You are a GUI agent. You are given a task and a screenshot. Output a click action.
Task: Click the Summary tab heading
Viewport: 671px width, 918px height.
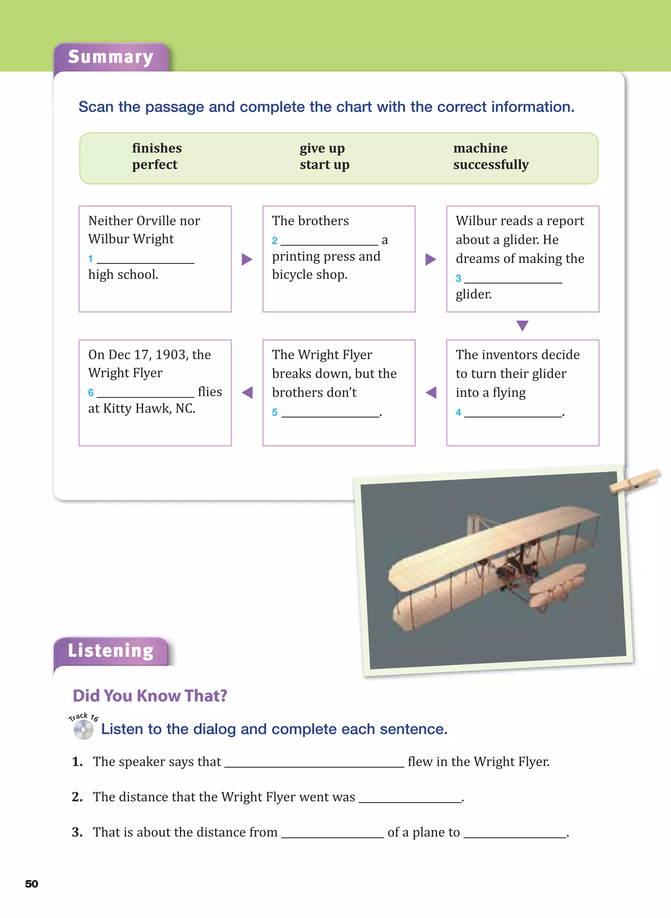click(x=110, y=57)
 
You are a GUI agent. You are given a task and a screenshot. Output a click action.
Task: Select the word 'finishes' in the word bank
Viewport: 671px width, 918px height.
click(x=157, y=148)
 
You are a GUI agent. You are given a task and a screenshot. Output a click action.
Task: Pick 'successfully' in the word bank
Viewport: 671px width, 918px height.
click(x=491, y=165)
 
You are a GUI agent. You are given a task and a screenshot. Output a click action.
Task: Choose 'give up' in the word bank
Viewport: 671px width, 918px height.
click(x=322, y=148)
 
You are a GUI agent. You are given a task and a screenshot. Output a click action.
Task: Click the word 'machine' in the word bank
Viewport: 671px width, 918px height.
click(x=480, y=148)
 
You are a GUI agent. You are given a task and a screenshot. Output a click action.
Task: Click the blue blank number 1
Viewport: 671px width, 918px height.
click(x=90, y=259)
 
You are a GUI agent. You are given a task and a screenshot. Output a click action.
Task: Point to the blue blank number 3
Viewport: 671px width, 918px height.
click(x=458, y=278)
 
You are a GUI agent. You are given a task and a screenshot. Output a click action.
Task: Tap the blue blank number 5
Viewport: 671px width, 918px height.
click(x=275, y=412)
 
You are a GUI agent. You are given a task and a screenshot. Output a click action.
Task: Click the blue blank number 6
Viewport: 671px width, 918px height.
click(x=90, y=392)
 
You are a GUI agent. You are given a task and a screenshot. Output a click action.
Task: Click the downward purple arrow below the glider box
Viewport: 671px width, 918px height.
click(x=522, y=326)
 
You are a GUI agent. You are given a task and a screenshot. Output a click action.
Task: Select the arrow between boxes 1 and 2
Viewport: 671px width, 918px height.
click(x=247, y=259)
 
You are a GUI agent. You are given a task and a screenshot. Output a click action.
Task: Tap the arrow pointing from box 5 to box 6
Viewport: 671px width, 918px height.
click(x=247, y=392)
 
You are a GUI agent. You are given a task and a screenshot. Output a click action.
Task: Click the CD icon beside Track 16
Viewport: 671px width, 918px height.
click(x=83, y=730)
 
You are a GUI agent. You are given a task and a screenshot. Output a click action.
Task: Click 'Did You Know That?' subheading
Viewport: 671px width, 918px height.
click(x=150, y=696)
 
